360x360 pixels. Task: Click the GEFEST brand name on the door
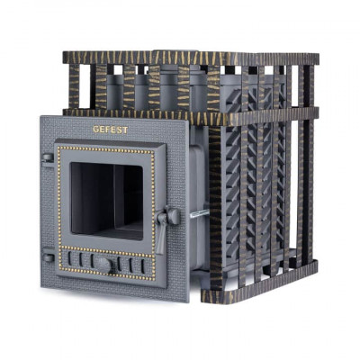pos(111,130)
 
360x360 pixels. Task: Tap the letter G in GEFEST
pos(95,130)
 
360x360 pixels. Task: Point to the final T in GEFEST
pos(125,130)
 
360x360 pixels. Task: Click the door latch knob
pos(174,216)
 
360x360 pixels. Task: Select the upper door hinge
pos(48,157)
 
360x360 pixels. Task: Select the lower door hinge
pos(49,257)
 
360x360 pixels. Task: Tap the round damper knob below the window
pos(103,265)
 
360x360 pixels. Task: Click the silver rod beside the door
pos(200,213)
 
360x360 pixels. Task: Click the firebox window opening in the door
pos(106,202)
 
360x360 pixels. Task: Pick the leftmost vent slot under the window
pos(69,258)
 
